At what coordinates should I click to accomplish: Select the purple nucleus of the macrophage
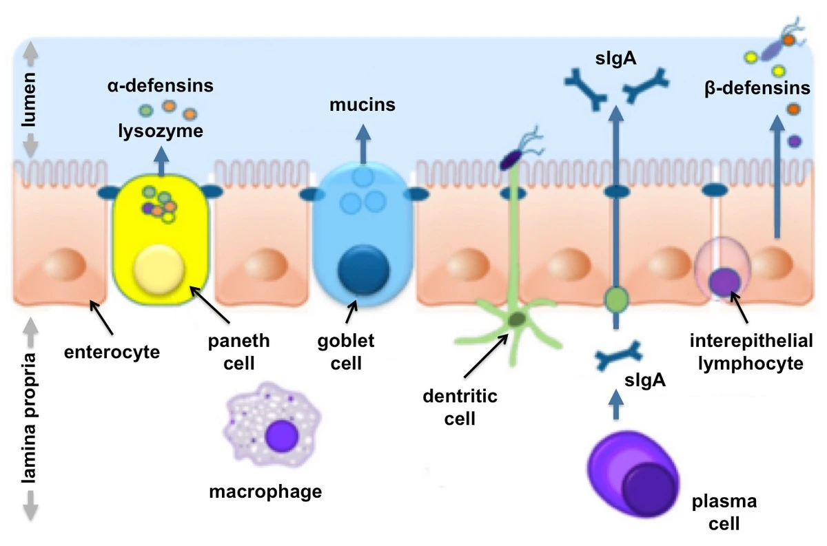(x=281, y=437)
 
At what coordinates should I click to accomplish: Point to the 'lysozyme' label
(x=160, y=131)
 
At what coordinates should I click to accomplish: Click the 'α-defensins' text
(x=160, y=86)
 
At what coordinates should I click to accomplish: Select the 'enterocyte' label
(x=112, y=353)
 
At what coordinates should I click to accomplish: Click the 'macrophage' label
(x=265, y=492)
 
